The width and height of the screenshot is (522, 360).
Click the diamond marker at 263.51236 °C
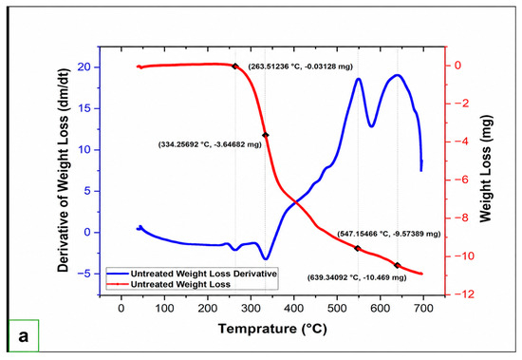pos(235,66)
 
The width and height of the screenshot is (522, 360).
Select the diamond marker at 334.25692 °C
pos(266,135)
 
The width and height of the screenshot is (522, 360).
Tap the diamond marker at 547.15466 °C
pos(358,248)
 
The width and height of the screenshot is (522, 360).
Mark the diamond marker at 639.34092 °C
pos(397,265)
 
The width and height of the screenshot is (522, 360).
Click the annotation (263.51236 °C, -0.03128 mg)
pos(300,66)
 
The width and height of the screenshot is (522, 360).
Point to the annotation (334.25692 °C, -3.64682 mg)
pos(210,144)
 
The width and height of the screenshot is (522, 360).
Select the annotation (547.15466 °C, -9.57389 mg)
pos(389,234)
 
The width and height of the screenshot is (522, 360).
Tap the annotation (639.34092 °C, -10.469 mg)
pos(357,277)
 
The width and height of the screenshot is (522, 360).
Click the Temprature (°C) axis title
pos(272,329)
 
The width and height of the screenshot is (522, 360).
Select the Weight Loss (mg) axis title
pos(486,169)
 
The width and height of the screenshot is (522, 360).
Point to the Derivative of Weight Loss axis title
pos(63,170)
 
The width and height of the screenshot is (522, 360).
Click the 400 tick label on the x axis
pos(294,308)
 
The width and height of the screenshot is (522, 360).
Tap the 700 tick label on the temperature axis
pos(423,308)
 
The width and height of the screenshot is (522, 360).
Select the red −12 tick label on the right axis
pos(462,294)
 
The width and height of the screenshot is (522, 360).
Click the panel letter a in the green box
pos(24,336)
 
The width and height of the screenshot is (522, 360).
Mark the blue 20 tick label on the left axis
pos(84,67)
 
